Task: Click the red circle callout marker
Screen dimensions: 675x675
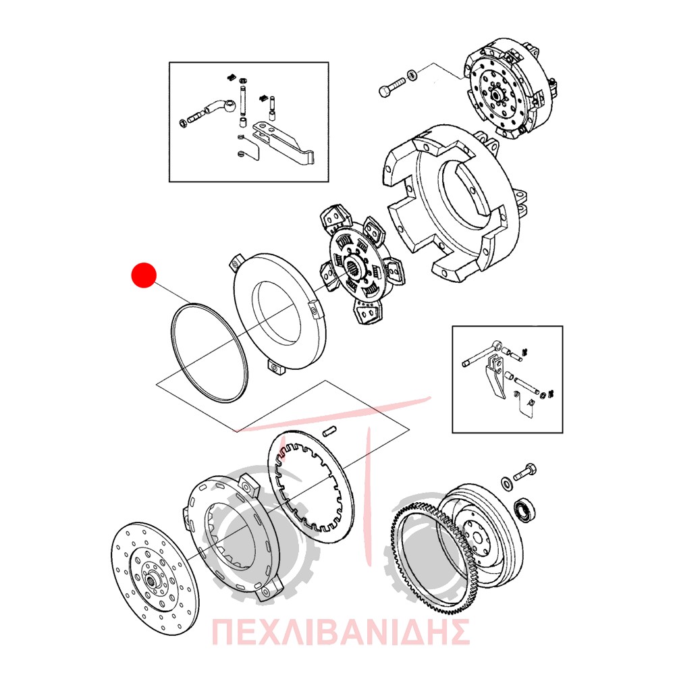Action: click(144, 275)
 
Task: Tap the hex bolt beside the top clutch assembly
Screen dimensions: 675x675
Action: click(391, 86)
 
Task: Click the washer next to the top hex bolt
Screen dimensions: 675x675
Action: click(412, 74)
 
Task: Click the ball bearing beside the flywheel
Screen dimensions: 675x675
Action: click(525, 510)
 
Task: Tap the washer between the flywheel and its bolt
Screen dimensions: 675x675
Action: click(507, 483)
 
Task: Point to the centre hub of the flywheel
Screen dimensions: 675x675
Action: click(477, 537)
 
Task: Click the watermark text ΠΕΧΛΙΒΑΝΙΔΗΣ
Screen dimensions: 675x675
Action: click(340, 632)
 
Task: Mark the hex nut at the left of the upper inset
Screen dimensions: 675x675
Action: click(182, 123)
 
